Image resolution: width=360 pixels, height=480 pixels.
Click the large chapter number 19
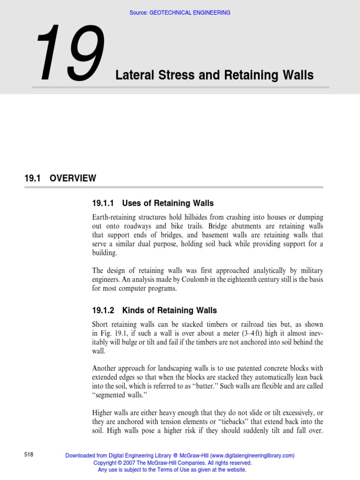(69, 53)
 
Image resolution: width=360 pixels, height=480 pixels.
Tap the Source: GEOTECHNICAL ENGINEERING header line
(180, 13)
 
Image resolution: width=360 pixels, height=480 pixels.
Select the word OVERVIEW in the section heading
(73, 178)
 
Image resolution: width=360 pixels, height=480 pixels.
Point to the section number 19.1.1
(103, 203)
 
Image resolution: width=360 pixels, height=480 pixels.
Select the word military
(308, 271)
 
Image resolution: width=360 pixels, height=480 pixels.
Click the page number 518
(29, 455)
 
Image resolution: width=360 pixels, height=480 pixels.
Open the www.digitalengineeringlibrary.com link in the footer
(252, 455)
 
